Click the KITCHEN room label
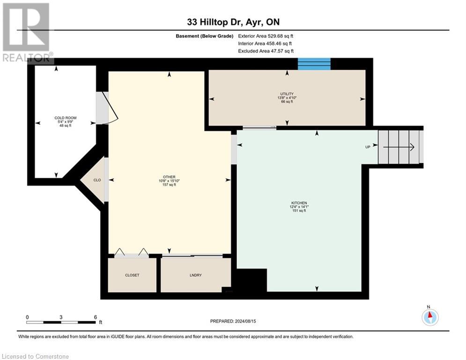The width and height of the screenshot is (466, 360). point(299,203)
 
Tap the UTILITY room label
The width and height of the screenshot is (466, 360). point(287,94)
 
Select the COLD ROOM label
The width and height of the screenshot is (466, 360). point(66,118)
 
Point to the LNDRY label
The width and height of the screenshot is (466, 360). point(196,275)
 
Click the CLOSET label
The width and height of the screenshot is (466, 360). point(132,275)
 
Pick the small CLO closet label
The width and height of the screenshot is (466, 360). point(97,180)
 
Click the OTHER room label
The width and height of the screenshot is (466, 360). point(169,177)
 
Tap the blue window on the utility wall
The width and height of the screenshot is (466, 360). point(314,64)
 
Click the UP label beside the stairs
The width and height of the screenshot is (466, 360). point(368,147)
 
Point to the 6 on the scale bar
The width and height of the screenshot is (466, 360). point(96,317)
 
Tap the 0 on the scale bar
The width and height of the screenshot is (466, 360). point(27,317)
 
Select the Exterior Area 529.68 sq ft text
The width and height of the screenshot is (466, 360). point(266,36)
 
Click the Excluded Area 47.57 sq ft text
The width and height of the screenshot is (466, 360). point(266,51)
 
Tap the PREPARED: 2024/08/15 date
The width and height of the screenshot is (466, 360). point(233,321)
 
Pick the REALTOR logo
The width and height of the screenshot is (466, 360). point(27,32)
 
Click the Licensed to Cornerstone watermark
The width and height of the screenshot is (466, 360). point(35,356)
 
